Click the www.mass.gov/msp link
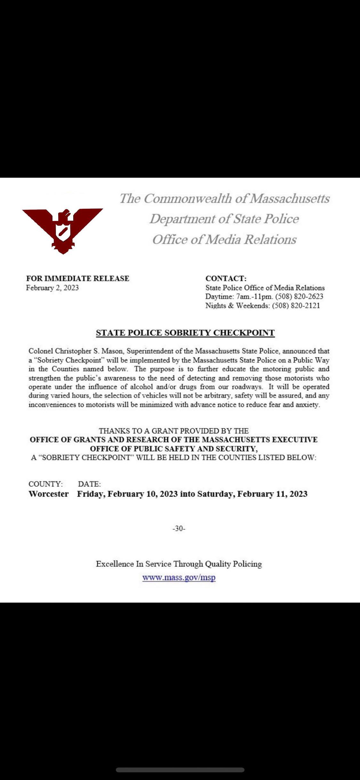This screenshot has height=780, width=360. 179,577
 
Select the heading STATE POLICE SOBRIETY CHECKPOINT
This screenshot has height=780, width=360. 185,333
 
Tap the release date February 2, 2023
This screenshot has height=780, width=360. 52,288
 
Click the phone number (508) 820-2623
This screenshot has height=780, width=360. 299,297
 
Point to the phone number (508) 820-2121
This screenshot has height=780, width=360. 296,305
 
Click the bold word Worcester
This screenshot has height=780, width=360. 49,494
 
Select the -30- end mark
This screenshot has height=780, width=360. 179,528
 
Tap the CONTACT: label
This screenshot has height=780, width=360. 226,278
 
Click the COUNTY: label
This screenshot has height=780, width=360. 45,484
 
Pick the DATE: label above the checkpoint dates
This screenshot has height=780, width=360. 89,484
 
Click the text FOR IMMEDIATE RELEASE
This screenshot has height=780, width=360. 78,278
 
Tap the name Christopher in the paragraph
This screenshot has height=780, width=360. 73,351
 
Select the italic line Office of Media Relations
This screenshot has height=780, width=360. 224,240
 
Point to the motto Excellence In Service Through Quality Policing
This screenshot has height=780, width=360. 179,564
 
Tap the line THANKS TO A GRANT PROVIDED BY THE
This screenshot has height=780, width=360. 174,431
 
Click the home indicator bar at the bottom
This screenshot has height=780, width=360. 180,770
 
